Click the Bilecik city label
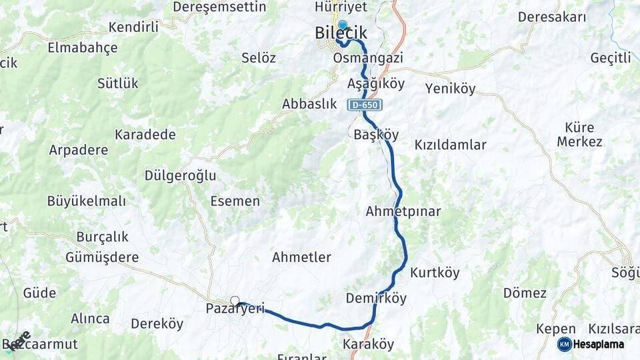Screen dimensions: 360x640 [x=341, y=33]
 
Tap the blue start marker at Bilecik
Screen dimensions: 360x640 [x=342, y=24]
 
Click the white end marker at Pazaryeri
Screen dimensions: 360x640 [x=235, y=301]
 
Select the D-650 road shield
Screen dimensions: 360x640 [x=364, y=105]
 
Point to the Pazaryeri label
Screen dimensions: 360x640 [x=235, y=309]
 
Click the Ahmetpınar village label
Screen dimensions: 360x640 [x=403, y=211]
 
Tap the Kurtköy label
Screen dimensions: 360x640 [x=435, y=273]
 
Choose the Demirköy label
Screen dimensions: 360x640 [x=376, y=298]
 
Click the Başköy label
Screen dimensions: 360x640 [x=376, y=135]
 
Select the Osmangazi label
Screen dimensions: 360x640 [x=367, y=59]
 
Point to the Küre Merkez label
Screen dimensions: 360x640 [x=579, y=134]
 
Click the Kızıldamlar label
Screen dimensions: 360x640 [x=450, y=145]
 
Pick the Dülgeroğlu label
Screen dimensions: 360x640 [x=180, y=176]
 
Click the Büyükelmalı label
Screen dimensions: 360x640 [x=86, y=201]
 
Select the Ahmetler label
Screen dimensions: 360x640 [x=301, y=257]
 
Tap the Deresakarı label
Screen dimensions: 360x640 [x=552, y=17]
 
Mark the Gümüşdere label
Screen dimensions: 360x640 [x=101, y=257]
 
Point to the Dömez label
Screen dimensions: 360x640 [x=525, y=293]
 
